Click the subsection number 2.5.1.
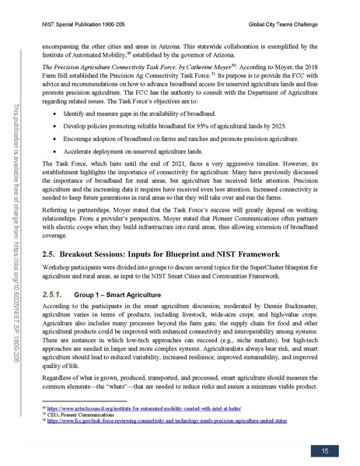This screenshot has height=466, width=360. coord(48,317)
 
